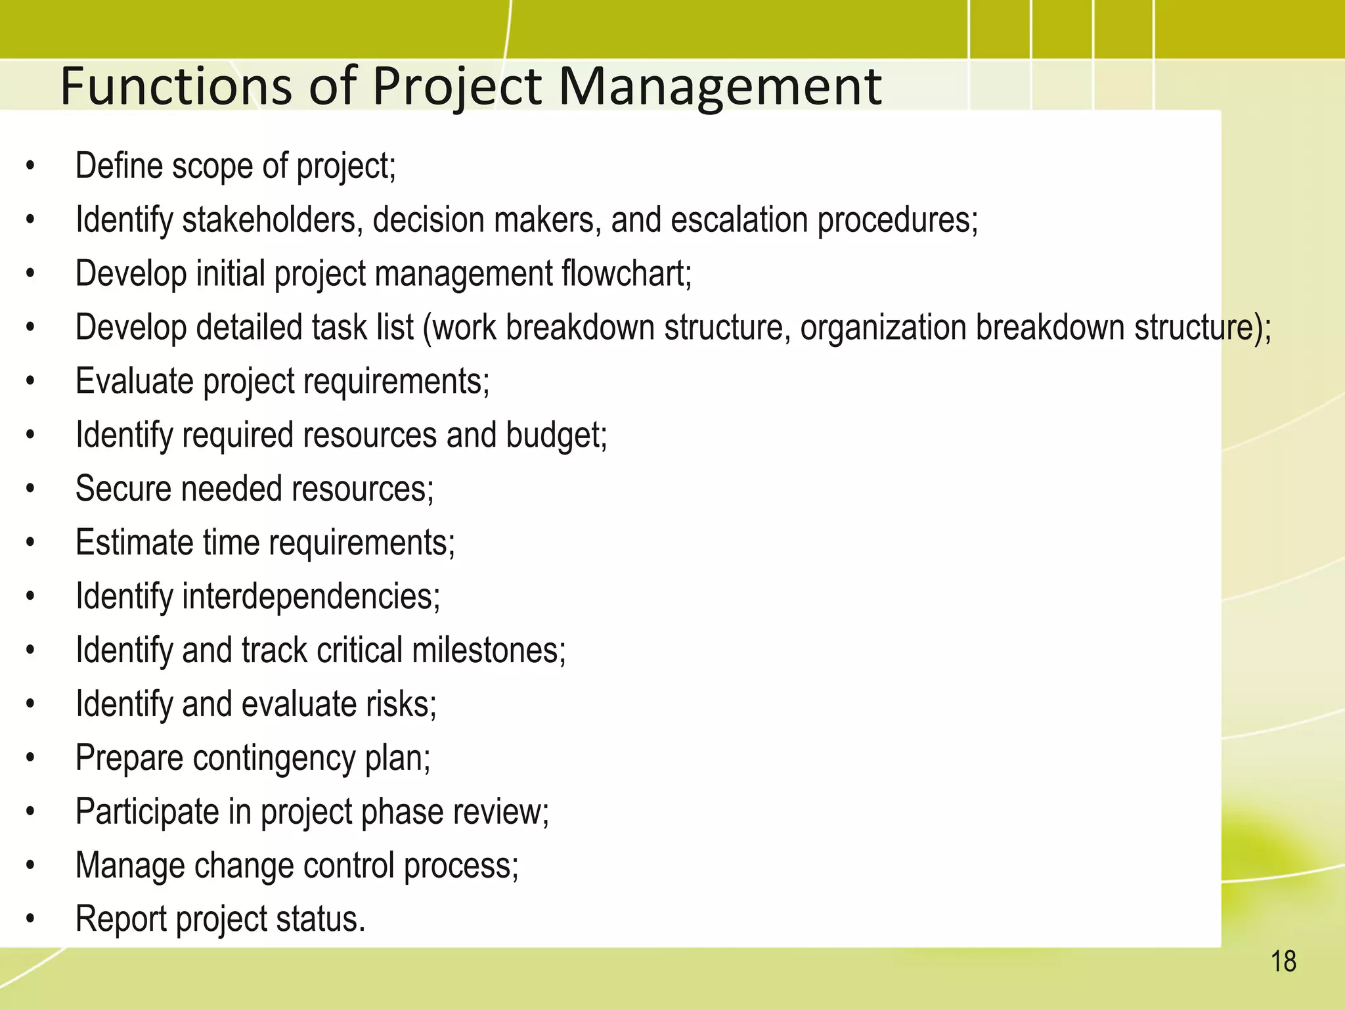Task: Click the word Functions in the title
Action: pos(175,87)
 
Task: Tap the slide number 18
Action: pos(1283,962)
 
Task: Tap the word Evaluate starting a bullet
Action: pos(134,381)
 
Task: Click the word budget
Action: pos(556,435)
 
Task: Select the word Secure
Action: pos(123,489)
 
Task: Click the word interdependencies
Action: pos(311,596)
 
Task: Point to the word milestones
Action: pos(489,650)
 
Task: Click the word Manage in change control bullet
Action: pos(129,866)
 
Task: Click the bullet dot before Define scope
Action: pos(30,167)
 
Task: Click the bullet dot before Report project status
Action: pos(30,920)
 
